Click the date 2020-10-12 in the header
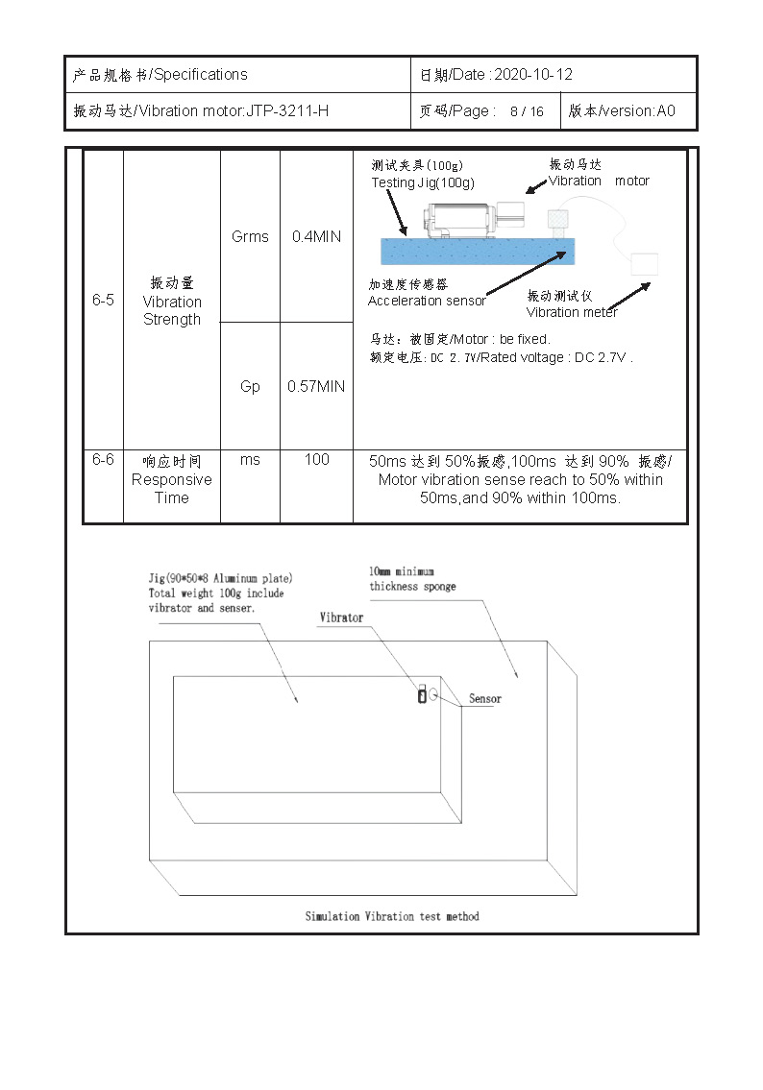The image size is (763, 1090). click(x=533, y=75)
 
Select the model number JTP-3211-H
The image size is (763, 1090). click(x=287, y=111)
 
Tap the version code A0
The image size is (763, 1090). click(x=666, y=111)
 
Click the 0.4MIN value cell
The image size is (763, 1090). click(x=316, y=236)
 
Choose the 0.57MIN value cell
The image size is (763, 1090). click(x=316, y=386)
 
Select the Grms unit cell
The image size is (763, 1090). click(x=250, y=236)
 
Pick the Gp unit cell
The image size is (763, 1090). click(x=250, y=386)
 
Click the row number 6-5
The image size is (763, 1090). click(x=103, y=300)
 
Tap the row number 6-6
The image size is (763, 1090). click(x=103, y=460)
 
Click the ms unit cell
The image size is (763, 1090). click(x=250, y=460)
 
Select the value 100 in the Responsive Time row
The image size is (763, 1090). click(x=316, y=460)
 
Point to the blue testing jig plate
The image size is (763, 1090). click(x=476, y=252)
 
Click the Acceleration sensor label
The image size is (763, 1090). click(x=427, y=301)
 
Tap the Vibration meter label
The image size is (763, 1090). click(x=572, y=311)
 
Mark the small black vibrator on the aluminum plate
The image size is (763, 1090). click(x=421, y=696)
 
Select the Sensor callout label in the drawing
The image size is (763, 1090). click(x=484, y=699)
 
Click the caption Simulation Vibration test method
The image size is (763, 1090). click(x=392, y=916)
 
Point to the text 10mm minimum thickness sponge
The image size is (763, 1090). click(x=412, y=579)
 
